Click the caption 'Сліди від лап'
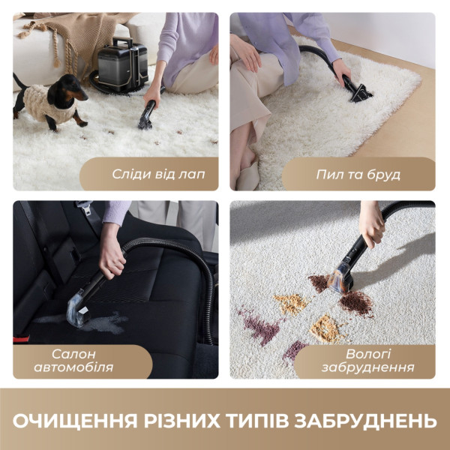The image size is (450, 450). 158,174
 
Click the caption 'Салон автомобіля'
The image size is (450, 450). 82,360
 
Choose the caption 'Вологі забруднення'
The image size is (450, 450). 367,360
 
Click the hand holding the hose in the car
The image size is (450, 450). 112,259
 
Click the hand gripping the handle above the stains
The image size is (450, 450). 373,228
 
